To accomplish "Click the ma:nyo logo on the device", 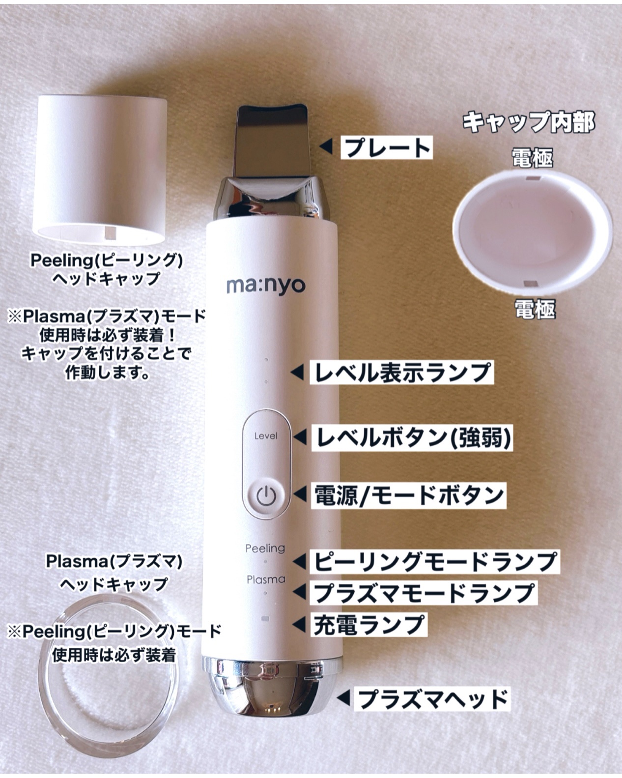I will [x=265, y=286].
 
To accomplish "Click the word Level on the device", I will [x=266, y=436].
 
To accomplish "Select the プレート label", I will [x=387, y=147].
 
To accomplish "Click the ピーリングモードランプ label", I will [x=434, y=561].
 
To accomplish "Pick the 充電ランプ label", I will [x=368, y=625].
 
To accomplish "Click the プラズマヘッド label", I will [x=432, y=698].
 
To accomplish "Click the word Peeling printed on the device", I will [x=265, y=548].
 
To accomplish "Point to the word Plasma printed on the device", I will [x=266, y=579].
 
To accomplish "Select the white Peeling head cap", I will [x=100, y=170].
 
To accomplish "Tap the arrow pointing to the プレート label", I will [x=326, y=146].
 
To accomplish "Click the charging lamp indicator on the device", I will [x=266, y=618].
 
